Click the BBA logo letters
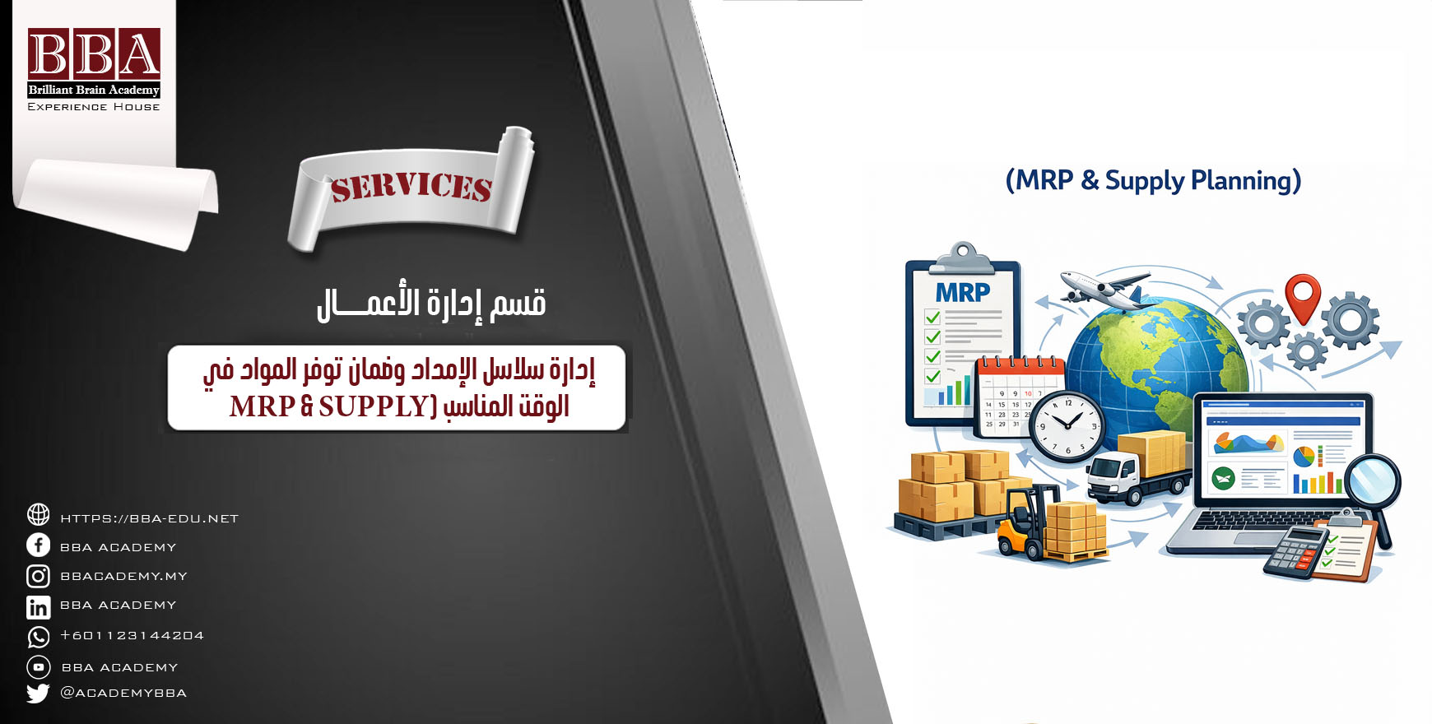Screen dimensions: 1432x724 94,54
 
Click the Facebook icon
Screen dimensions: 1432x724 38,545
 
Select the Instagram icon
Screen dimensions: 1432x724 38,576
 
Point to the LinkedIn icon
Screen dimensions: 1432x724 38,607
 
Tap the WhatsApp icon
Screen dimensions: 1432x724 38,637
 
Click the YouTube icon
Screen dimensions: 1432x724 39,666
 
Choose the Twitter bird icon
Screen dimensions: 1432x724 38,693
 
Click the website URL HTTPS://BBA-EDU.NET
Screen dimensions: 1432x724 150,518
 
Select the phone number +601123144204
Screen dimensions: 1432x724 132,635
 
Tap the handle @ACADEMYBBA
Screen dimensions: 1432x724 123,693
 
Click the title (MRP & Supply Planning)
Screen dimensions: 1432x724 1153,180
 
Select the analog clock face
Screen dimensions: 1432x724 1068,426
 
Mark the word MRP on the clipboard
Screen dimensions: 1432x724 963,292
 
